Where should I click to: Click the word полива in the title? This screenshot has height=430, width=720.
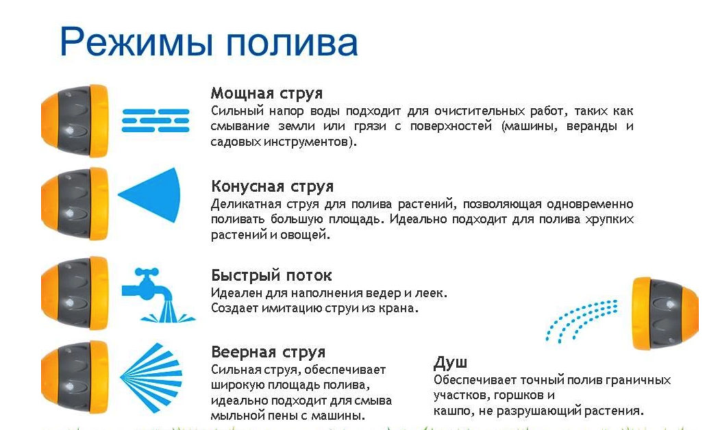click(x=293, y=42)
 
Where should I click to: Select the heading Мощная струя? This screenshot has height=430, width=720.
click(x=266, y=93)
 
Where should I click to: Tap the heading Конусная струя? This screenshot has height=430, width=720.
click(x=272, y=186)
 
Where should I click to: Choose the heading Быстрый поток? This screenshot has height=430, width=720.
click(x=271, y=275)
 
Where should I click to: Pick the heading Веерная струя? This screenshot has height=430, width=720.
click(x=268, y=353)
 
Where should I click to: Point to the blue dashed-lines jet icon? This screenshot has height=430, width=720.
click(x=155, y=119)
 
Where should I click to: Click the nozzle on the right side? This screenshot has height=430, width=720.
click(x=664, y=313)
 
